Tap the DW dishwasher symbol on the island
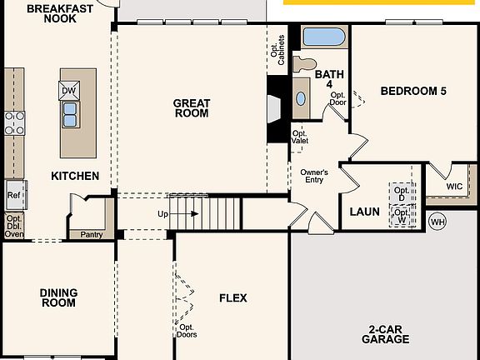point(69,90)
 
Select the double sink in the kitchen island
point(69,112)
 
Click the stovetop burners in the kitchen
point(14,122)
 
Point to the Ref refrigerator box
point(14,196)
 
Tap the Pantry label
point(91,234)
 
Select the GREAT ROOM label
point(191,108)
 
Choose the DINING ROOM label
point(58,297)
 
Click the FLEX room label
point(232,297)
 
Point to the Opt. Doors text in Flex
point(187,331)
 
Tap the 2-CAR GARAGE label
point(385,333)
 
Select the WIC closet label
point(454,187)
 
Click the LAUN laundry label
point(364,212)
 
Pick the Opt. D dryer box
point(402,192)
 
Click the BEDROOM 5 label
point(412,90)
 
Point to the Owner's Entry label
point(314,176)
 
